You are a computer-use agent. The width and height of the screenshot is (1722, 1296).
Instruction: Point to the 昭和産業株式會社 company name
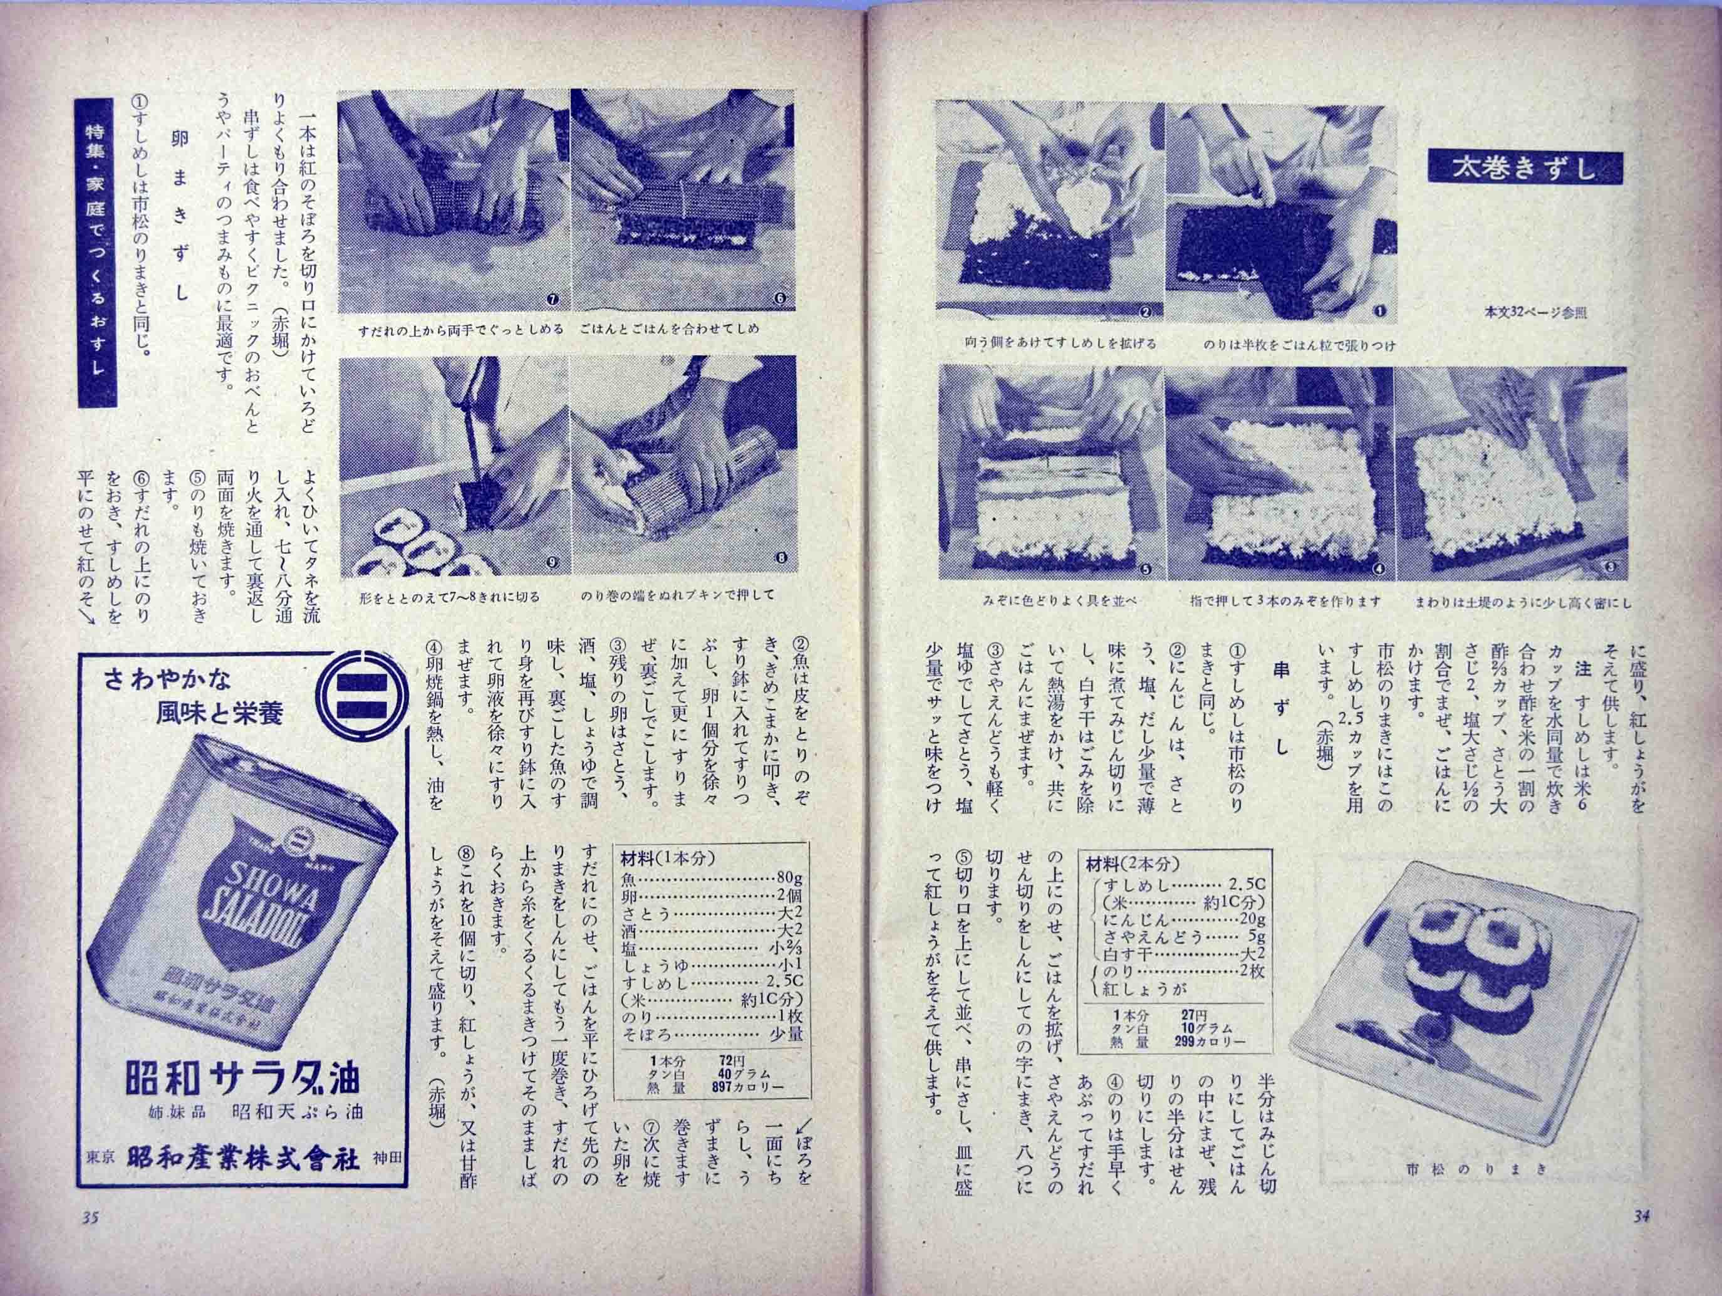244,1181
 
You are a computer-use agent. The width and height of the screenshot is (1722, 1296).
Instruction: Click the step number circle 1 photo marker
1379,311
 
